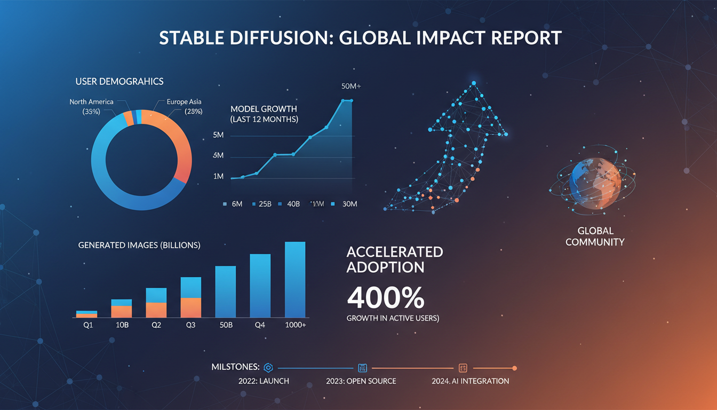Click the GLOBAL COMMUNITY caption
click(595, 236)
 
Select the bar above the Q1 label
click(86, 314)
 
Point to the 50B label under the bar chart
click(225, 325)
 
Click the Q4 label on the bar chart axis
click(260, 325)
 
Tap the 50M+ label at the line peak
click(350, 86)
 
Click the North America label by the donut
click(91, 101)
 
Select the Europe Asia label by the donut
click(184, 101)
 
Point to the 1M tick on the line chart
click(218, 176)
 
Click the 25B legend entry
click(264, 204)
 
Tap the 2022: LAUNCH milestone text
click(264, 381)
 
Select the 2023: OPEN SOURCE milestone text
click(361, 381)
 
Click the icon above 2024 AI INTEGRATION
click(463, 368)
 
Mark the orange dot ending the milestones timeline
click(514, 368)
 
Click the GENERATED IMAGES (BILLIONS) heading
click(139, 245)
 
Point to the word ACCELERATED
click(395, 251)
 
